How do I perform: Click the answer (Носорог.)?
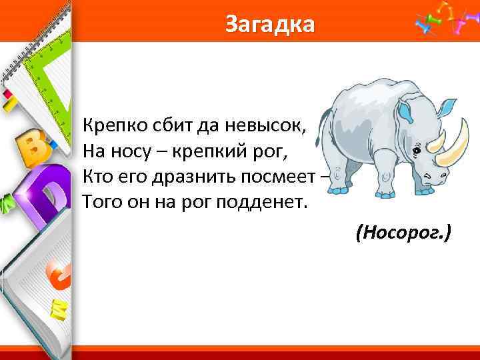point(403,233)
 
